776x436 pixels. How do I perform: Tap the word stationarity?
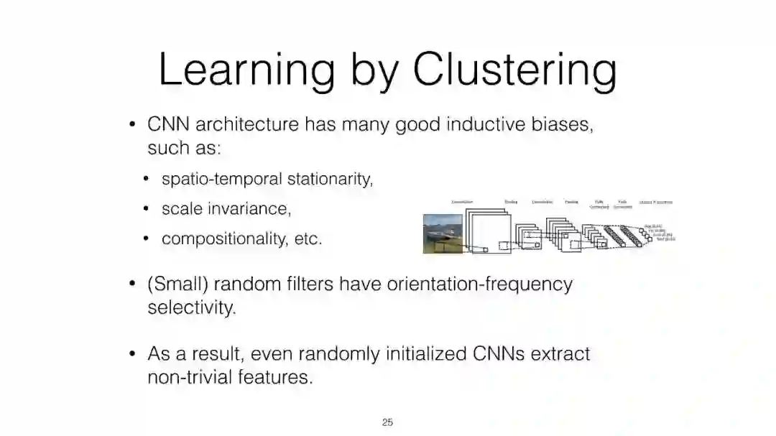point(330,179)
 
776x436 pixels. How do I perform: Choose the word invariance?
point(244,208)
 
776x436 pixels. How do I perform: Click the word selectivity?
point(191,308)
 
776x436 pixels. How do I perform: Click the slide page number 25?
point(387,422)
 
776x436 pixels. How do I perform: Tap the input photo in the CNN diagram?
point(443,233)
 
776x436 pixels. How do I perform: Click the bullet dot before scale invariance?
point(146,209)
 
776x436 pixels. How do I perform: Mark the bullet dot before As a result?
point(132,354)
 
